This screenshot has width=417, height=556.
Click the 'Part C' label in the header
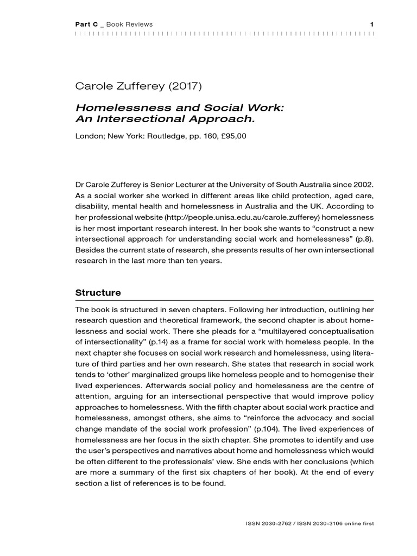pyautogui.click(x=86, y=24)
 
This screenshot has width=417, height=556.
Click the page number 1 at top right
pyautogui.click(x=372, y=24)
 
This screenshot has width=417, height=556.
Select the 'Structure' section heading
pyautogui.click(x=98, y=293)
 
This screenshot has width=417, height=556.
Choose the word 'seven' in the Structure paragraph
pyautogui.click(x=163, y=309)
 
